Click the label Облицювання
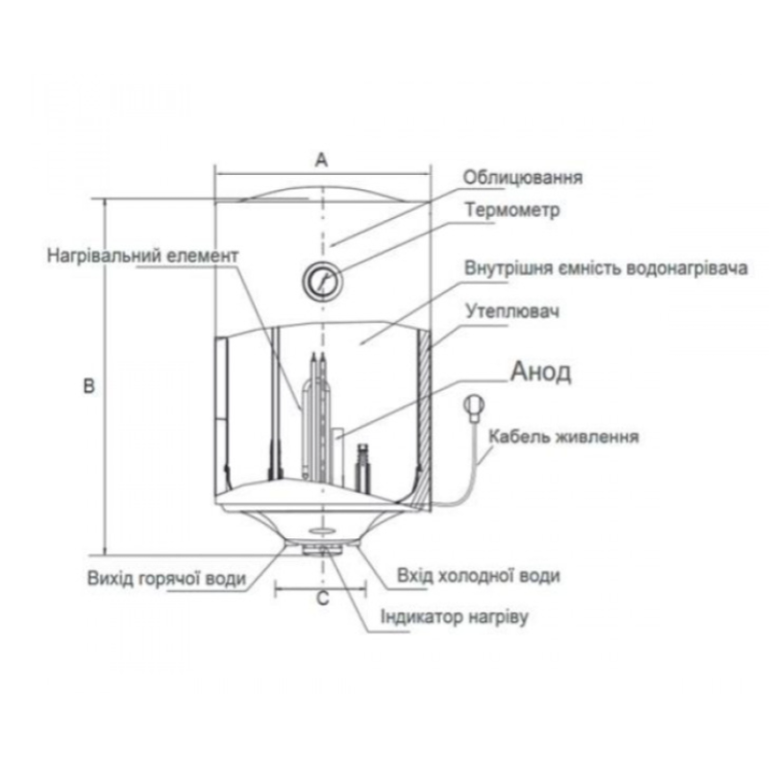(524, 178)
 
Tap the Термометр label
(509, 210)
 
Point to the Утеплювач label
(511, 312)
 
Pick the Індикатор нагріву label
(455, 615)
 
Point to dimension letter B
(88, 385)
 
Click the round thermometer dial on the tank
(321, 280)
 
